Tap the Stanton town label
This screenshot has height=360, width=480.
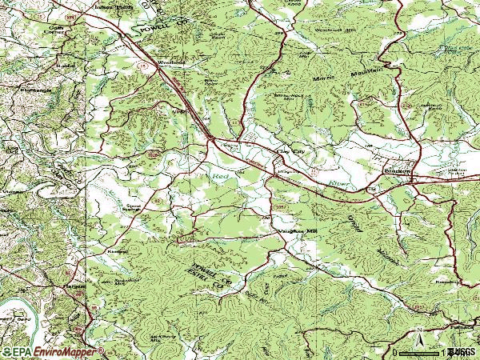tap(398, 170)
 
